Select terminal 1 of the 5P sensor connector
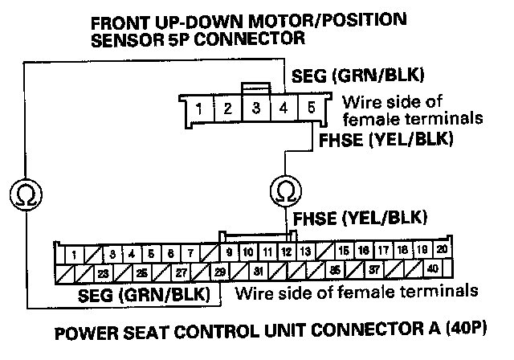tap(198, 107)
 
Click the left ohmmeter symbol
tap(27, 193)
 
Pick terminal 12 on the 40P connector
tap(285, 252)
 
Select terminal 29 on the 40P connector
tap(219, 272)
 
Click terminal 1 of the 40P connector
tap(74, 255)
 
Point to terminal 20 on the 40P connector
tap(441, 251)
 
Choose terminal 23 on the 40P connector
tap(103, 272)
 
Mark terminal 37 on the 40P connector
tap(374, 270)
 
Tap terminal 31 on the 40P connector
tap(259, 271)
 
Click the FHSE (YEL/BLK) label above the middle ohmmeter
tap(378, 140)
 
